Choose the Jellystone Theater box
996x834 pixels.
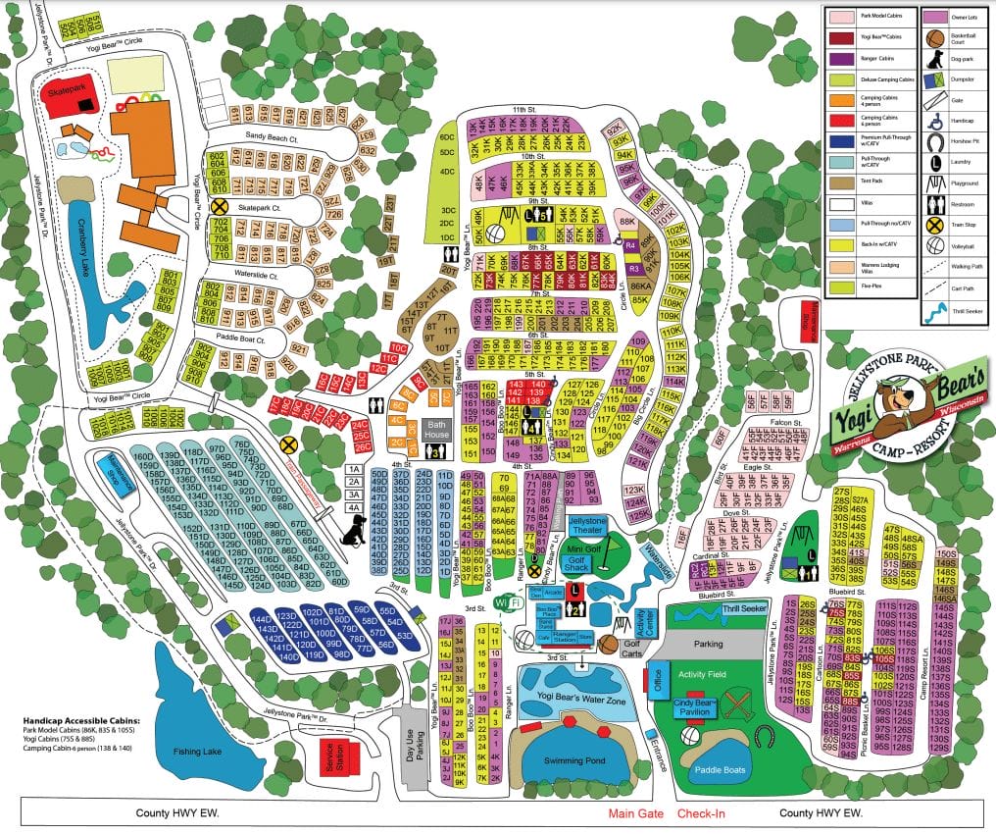(588, 526)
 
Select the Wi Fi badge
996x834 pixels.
(504, 600)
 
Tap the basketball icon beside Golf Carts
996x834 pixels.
(608, 644)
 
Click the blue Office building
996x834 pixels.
(658, 681)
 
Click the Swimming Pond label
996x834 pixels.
(568, 760)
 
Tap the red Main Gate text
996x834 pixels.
(636, 813)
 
